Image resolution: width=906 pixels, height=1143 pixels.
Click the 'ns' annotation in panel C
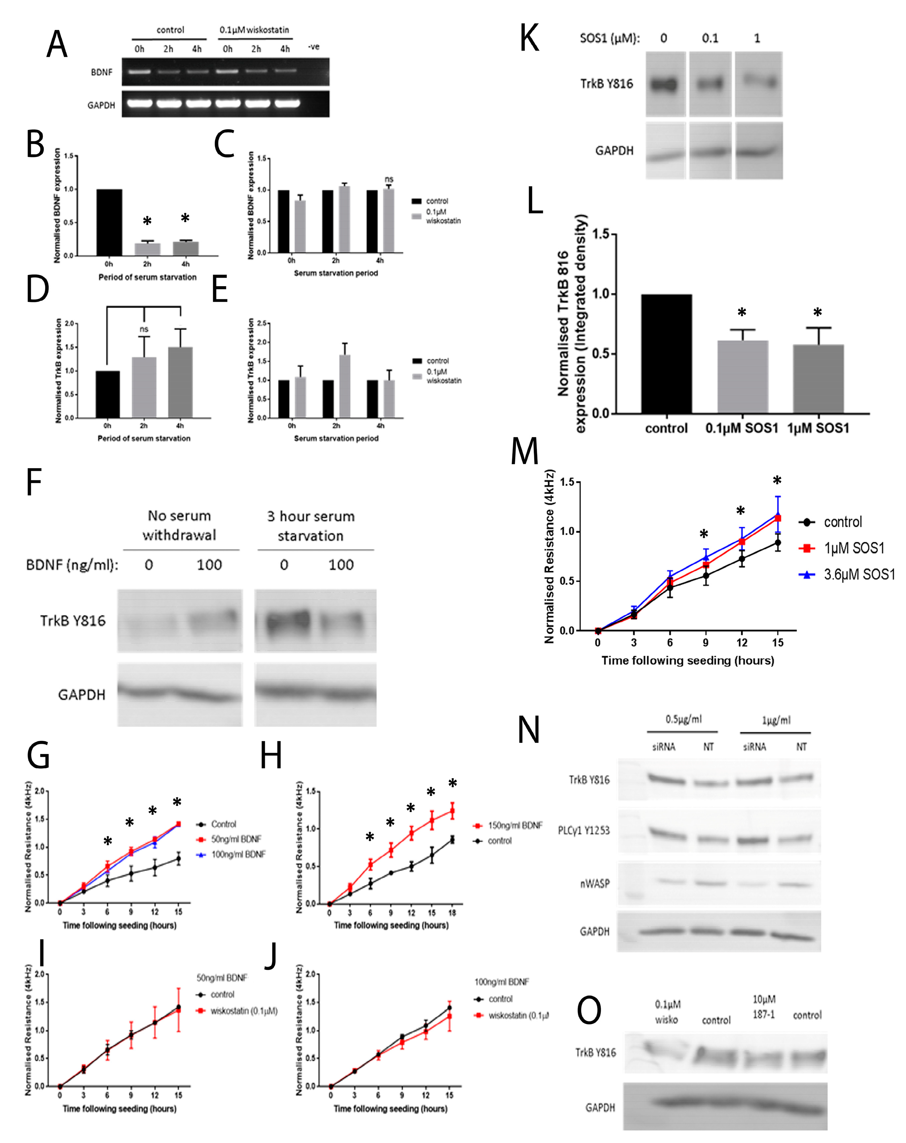click(389, 179)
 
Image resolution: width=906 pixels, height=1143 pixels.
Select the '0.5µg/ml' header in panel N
click(683, 719)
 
